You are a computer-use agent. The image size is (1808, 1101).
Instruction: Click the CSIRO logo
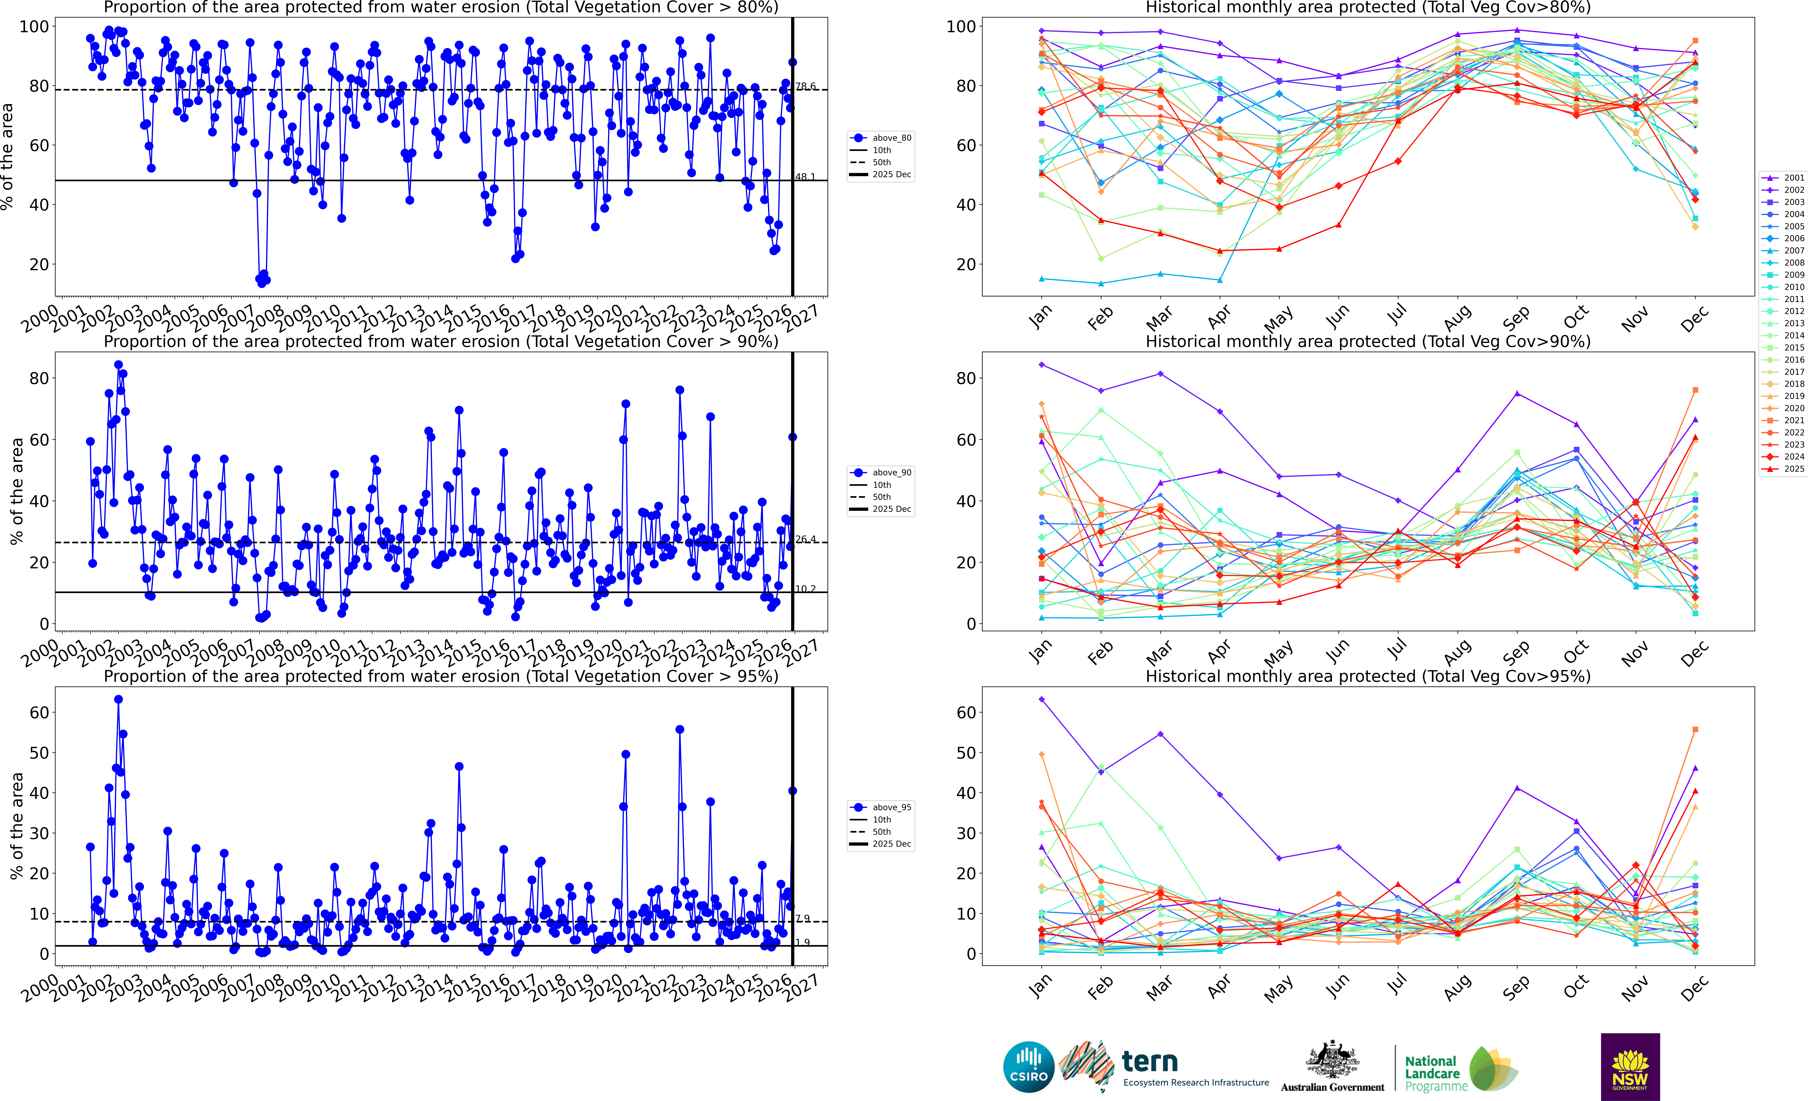tap(1028, 1066)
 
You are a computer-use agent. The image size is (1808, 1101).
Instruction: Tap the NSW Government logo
tap(1630, 1066)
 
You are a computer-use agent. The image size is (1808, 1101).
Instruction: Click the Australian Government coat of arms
tap(1332, 1059)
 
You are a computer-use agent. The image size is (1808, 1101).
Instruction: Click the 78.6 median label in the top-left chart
tap(805, 86)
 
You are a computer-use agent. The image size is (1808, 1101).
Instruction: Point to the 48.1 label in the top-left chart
tap(805, 177)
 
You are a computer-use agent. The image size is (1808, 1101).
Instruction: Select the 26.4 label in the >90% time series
tap(805, 539)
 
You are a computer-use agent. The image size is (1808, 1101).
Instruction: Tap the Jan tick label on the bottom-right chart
tap(1040, 987)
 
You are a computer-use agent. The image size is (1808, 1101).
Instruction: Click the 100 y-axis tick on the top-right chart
tap(961, 26)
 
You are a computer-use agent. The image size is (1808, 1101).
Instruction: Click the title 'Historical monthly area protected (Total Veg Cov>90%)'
tap(1368, 341)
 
